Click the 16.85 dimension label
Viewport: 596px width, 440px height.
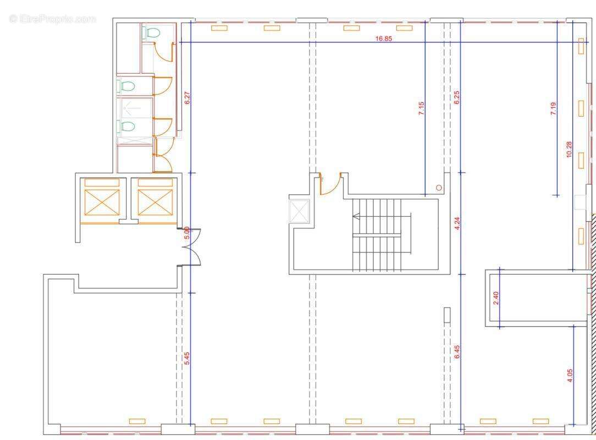point(383,38)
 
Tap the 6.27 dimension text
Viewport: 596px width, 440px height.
point(186,98)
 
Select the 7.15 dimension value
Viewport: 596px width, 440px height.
point(421,108)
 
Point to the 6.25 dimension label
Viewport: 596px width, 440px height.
point(457,97)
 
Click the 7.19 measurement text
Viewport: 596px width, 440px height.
point(554,108)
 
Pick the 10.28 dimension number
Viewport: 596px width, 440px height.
point(569,149)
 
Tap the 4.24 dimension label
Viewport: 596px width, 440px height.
point(457,223)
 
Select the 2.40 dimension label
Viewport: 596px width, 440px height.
point(495,298)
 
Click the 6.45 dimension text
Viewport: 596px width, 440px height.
point(457,351)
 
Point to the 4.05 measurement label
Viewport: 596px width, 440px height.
point(570,375)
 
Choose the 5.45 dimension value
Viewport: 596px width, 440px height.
point(186,359)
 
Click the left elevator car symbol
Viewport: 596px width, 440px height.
point(102,202)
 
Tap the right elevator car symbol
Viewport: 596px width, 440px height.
point(155,202)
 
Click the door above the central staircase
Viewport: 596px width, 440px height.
point(330,184)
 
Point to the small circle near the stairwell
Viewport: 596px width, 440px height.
point(439,188)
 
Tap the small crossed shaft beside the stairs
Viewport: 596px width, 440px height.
point(300,211)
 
